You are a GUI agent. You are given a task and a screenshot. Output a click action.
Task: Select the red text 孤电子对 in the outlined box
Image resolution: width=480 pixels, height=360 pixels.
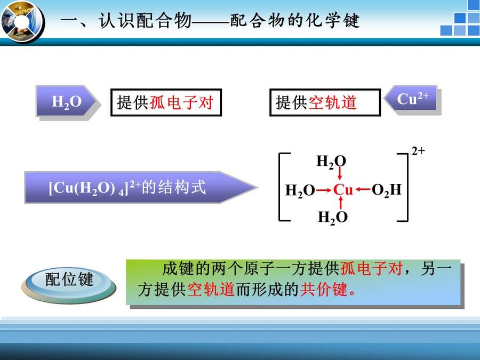pos(181,102)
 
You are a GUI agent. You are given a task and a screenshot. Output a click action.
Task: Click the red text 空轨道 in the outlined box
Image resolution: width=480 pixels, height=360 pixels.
pos(332,102)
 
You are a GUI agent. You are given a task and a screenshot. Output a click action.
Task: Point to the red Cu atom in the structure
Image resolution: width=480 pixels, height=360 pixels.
pos(343,190)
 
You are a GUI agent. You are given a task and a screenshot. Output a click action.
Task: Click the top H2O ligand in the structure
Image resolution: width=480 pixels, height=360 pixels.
pos(331,162)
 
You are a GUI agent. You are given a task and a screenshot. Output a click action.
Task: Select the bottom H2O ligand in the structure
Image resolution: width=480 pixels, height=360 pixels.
pos(333,218)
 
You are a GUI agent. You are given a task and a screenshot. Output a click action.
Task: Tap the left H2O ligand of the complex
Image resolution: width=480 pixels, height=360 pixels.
pos(300,190)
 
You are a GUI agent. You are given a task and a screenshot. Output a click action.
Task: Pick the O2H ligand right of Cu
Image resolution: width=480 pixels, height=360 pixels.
pos(386,190)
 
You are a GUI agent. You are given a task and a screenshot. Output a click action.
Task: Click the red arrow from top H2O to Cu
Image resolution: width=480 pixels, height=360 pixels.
pos(340,173)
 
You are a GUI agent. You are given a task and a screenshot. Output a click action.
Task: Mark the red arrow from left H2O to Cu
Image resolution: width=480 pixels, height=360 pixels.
pos(324,190)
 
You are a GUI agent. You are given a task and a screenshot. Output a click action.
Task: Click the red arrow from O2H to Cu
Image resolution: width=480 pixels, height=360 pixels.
pos(363,189)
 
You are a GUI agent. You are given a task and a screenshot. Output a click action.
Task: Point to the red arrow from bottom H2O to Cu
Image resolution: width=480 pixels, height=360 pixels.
pos(341,203)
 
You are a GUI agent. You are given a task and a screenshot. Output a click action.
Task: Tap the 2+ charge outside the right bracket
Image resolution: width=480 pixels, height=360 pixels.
pos(418,151)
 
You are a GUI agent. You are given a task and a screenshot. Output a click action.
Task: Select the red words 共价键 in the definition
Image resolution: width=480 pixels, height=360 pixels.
pos(324,289)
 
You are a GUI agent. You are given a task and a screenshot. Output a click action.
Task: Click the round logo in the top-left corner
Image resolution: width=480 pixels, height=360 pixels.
pos(22,22)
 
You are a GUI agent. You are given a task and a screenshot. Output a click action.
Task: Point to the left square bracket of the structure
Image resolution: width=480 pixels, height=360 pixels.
pos(280,187)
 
